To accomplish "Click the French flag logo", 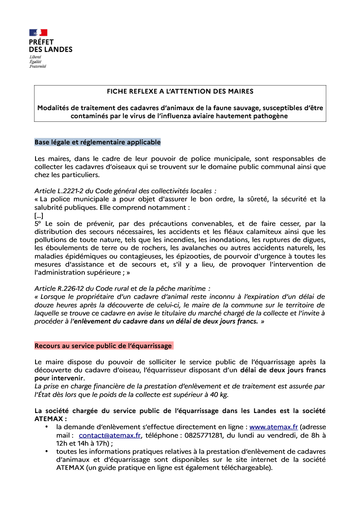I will (x=38, y=33).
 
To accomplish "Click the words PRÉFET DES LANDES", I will (x=50, y=46).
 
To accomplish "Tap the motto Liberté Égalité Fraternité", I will (x=38, y=62).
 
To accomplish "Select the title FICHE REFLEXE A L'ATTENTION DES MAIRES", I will (x=180, y=92).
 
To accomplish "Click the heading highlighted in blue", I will (x=98, y=142).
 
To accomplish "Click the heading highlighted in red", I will (x=103, y=346).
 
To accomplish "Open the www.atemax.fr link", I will (x=274, y=427).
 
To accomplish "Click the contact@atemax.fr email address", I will (x=110, y=435).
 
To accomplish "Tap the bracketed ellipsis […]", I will (x=39, y=215).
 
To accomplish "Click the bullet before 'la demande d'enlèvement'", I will (x=47, y=427).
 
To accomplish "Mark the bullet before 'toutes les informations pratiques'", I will (x=47, y=452).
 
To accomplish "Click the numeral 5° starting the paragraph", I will (x=38, y=223).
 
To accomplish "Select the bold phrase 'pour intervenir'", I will (x=59, y=378).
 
